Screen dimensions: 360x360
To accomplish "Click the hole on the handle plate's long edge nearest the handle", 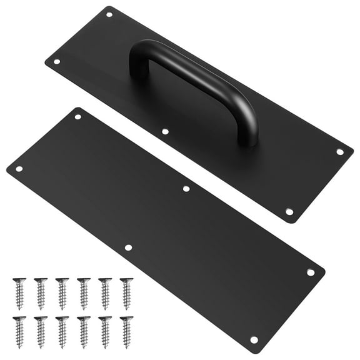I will [165, 131].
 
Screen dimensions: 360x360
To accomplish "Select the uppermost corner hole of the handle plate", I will [109, 14].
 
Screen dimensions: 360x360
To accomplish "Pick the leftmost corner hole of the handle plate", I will [57, 62].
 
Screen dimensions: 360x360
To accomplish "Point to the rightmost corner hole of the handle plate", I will [340, 151].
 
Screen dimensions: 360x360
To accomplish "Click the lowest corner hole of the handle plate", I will [289, 212].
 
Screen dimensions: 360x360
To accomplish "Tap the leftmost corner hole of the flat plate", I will [19, 168].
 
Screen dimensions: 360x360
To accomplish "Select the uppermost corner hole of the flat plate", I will [78, 117].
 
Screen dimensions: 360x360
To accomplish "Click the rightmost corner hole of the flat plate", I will [310, 272].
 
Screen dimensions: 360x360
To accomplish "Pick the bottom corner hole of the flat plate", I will [254, 339].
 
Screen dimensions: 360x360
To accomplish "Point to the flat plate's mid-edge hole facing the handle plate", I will [186, 188].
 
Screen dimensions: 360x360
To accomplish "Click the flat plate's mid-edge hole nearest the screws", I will [128, 247].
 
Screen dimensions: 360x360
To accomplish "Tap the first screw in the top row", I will [19, 292].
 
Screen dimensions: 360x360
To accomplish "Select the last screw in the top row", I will [126, 292].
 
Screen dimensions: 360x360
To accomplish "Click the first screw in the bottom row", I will [19, 331].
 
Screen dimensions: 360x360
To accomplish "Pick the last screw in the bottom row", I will [126, 331].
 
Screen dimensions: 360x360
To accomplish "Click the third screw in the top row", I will [62, 292].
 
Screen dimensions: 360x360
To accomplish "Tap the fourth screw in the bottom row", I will [83, 331].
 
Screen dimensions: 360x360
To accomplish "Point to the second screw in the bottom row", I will [41, 331].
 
